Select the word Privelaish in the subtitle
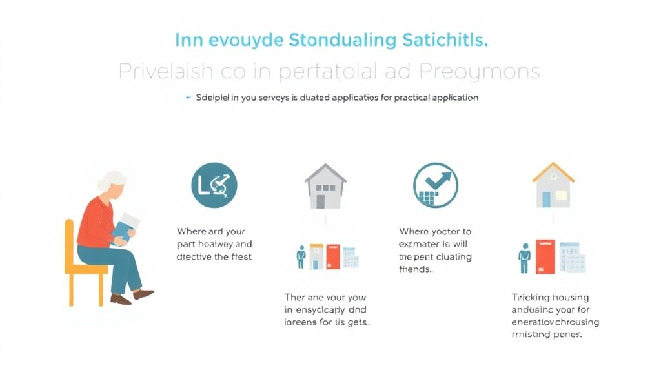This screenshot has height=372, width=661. pos(164,72)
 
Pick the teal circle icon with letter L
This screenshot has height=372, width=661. pos(214,185)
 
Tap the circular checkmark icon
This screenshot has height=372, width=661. pos(436,185)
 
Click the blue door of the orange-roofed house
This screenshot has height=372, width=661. pos(546,199)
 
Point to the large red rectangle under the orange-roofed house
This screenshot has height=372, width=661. pos(545,257)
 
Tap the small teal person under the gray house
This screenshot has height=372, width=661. pos(301,257)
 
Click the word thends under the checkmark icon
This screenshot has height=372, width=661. pos(415,269)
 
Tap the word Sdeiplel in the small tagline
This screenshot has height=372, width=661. pos(214,98)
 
